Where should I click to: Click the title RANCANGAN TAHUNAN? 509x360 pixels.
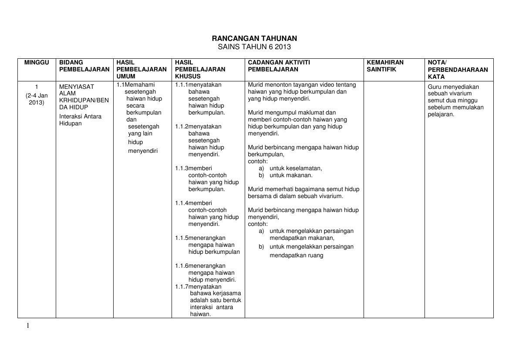[254, 39]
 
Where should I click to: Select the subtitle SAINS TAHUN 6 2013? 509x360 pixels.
[254, 47]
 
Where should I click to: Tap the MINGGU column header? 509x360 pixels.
[37, 62]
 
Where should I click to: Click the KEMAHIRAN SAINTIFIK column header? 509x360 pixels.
[385, 66]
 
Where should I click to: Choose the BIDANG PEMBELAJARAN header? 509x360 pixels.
[84, 66]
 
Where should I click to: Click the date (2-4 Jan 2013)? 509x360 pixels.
[37, 99]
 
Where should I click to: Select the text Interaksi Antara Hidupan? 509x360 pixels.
[80, 120]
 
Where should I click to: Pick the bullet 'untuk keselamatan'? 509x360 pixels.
[296, 168]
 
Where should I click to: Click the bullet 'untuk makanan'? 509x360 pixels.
[290, 175]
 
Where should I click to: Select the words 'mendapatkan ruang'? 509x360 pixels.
[296, 256]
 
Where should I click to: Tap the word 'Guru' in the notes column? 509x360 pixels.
[435, 86]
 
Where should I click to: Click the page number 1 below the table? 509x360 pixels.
[28, 325]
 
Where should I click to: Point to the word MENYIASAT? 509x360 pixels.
[77, 86]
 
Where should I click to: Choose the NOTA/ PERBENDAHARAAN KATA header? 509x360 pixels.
[458, 69]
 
